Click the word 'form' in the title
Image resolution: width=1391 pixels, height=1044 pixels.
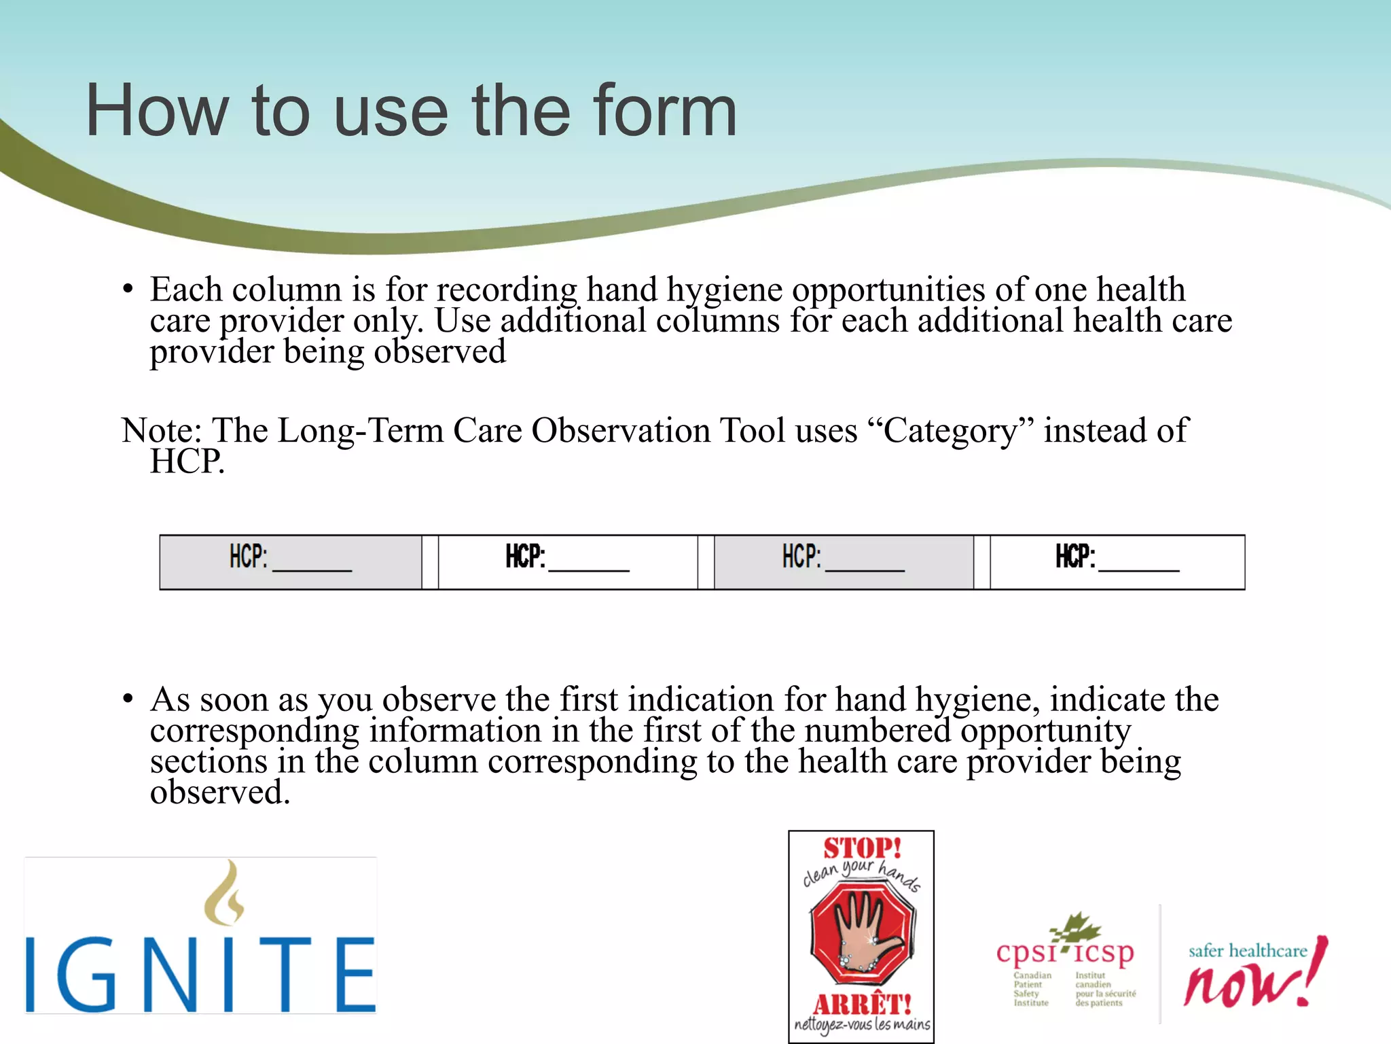click(x=664, y=111)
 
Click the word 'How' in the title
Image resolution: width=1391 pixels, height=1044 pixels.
click(x=157, y=111)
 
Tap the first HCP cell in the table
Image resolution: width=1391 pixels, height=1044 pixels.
click(x=291, y=561)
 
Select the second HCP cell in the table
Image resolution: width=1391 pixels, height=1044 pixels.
click(x=568, y=561)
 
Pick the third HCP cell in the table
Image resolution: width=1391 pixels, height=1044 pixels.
click(x=844, y=561)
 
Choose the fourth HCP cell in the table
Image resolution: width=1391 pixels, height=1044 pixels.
click(x=1117, y=561)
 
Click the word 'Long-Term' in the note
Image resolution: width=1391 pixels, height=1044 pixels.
click(x=360, y=431)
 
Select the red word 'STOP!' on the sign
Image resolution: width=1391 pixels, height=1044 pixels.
click(x=862, y=848)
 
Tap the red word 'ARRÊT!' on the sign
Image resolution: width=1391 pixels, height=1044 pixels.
click(x=862, y=1004)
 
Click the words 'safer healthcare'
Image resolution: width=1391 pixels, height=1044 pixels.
click(x=1247, y=950)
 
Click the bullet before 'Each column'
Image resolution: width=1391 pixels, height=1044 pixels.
click(x=128, y=290)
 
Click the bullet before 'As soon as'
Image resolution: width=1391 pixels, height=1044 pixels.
click(x=128, y=699)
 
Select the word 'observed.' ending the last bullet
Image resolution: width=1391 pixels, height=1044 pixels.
click(x=220, y=793)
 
